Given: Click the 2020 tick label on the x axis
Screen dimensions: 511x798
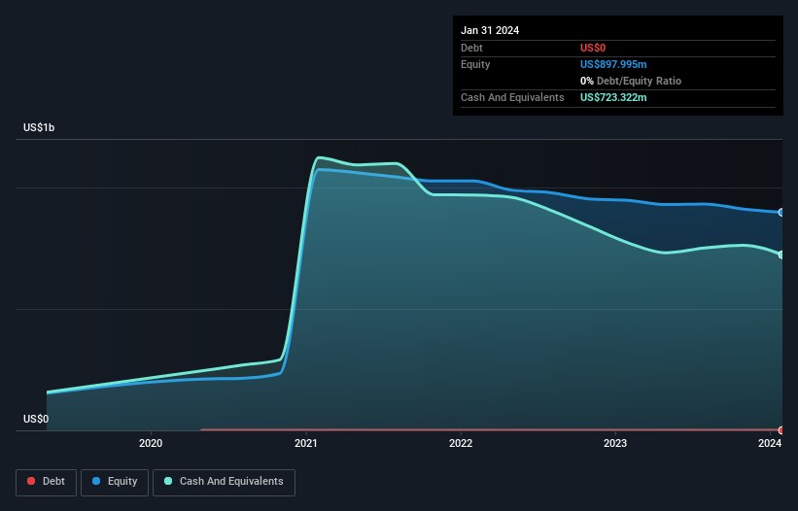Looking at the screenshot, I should pyautogui.click(x=151, y=444).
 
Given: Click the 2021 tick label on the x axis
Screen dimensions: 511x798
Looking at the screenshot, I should pyautogui.click(x=306, y=444).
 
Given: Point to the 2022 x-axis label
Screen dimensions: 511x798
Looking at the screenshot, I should pyautogui.click(x=461, y=444).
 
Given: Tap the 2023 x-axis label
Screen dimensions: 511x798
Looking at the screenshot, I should pyautogui.click(x=615, y=444).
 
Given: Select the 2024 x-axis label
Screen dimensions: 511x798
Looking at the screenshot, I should pyautogui.click(x=770, y=444).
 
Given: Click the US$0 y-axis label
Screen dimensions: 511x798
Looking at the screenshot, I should pyautogui.click(x=36, y=420).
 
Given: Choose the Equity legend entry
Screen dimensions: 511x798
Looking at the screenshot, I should pyautogui.click(x=115, y=481).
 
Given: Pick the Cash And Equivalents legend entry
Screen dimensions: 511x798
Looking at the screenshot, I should pyautogui.click(x=224, y=481).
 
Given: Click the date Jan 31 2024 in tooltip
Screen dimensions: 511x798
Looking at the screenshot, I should pyautogui.click(x=490, y=30).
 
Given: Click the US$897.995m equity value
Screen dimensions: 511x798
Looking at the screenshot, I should pyautogui.click(x=613, y=64).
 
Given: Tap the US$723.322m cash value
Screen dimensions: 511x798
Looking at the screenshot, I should pyautogui.click(x=613, y=98).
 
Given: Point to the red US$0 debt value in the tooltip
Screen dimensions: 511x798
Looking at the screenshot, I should pyautogui.click(x=593, y=48).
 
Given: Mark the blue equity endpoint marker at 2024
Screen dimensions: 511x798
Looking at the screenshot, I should pyautogui.click(x=781, y=212).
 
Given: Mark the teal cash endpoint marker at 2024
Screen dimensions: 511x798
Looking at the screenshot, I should pyautogui.click(x=781, y=255).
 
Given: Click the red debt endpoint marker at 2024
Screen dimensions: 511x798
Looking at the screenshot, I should pyautogui.click(x=781, y=429).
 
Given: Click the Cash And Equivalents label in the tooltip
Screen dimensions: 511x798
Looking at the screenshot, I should pyautogui.click(x=512, y=98).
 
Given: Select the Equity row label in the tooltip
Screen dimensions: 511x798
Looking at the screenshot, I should pyautogui.click(x=475, y=64).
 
